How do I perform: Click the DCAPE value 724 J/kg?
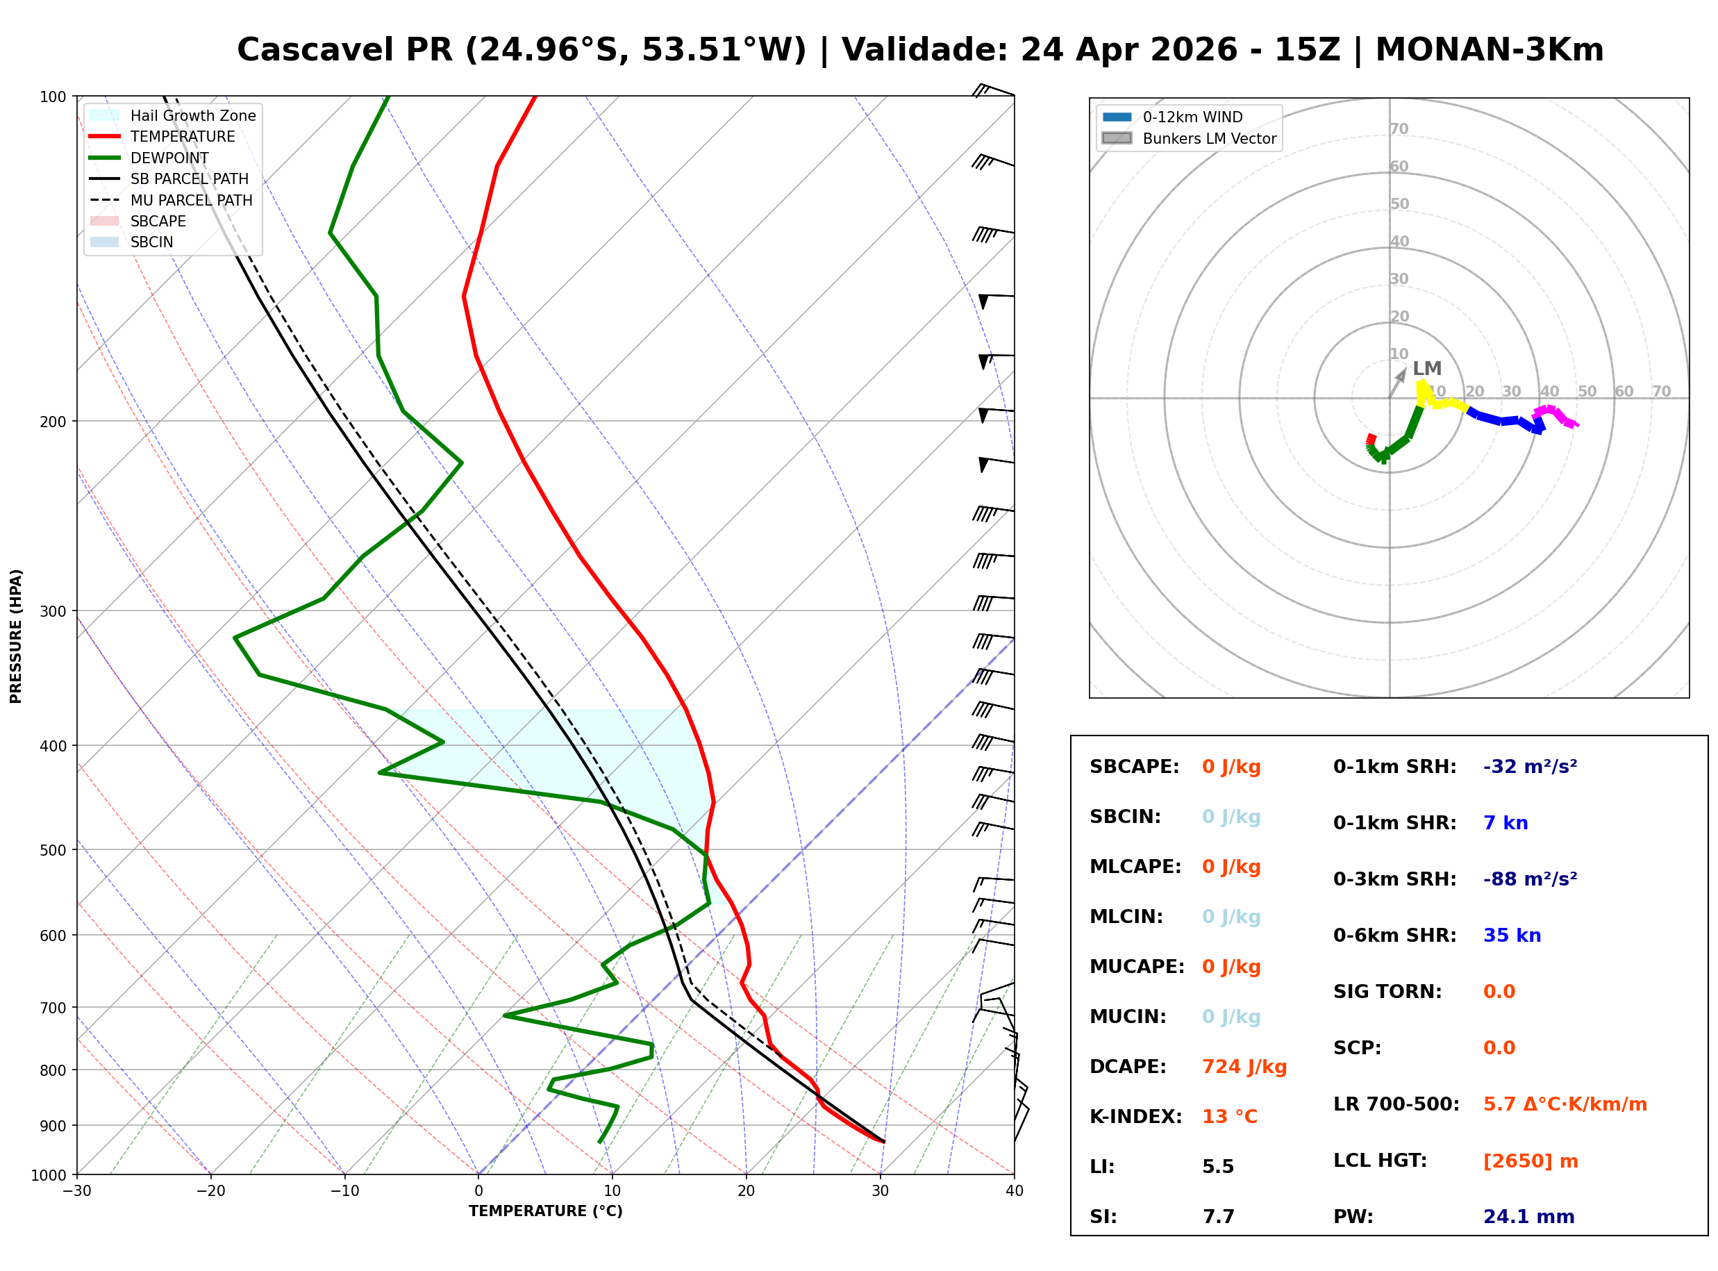click(x=1244, y=1067)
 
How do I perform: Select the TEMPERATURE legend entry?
click(x=182, y=136)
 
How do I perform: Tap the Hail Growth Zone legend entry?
click(x=192, y=115)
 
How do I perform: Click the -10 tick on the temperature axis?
click(x=344, y=1191)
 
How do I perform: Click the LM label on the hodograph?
click(x=1426, y=369)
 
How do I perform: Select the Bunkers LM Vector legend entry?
click(x=1209, y=138)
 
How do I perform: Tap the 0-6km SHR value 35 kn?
click(x=1512, y=936)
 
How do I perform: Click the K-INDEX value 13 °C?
click(x=1230, y=1117)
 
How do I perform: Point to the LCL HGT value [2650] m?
click(x=1531, y=1161)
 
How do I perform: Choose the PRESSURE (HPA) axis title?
click(x=16, y=635)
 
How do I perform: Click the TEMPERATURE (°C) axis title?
click(x=545, y=1211)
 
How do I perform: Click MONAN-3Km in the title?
click(x=1489, y=50)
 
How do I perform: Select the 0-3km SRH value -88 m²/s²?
click(x=1530, y=879)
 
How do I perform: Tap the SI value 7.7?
click(x=1218, y=1217)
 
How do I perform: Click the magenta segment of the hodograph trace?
click(x=1553, y=413)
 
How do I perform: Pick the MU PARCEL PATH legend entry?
click(x=191, y=200)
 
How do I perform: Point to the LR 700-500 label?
click(x=1396, y=1105)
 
